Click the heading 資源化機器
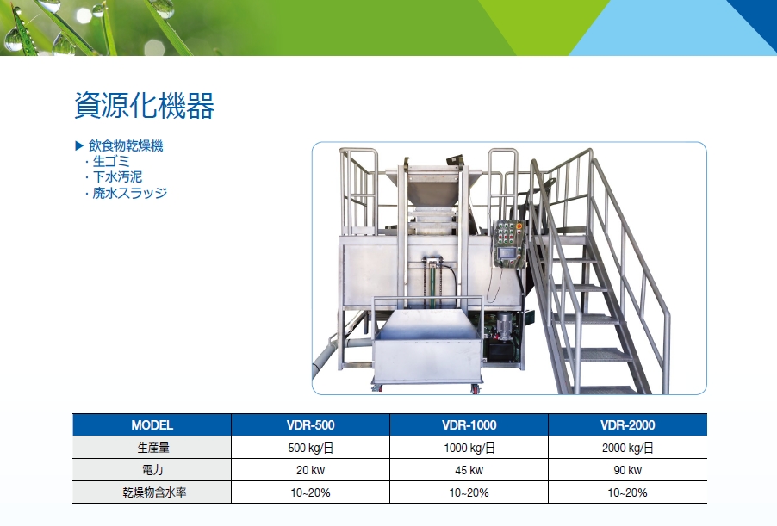pyautogui.click(x=144, y=106)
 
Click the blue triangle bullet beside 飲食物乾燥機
pyautogui.click(x=78, y=145)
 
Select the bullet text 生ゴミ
pyautogui.click(x=111, y=162)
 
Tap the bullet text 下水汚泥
pyautogui.click(x=117, y=176)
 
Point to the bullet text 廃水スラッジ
pyautogui.click(x=130, y=193)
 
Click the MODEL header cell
pyautogui.click(x=152, y=425)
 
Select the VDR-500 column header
pyautogui.click(x=311, y=425)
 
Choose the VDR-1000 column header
pyautogui.click(x=469, y=425)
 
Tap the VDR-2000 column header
pyautogui.click(x=628, y=425)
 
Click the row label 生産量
pyautogui.click(x=153, y=448)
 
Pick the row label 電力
pyautogui.click(x=152, y=470)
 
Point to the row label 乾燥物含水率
pyautogui.click(x=154, y=492)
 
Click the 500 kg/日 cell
pyautogui.click(x=311, y=448)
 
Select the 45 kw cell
pyautogui.click(x=469, y=470)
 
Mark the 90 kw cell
pyautogui.click(x=628, y=470)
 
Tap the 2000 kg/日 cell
pyautogui.click(x=628, y=448)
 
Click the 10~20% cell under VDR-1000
pyautogui.click(x=469, y=492)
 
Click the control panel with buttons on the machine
pyautogui.click(x=508, y=244)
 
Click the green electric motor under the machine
pyautogui.click(x=505, y=327)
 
